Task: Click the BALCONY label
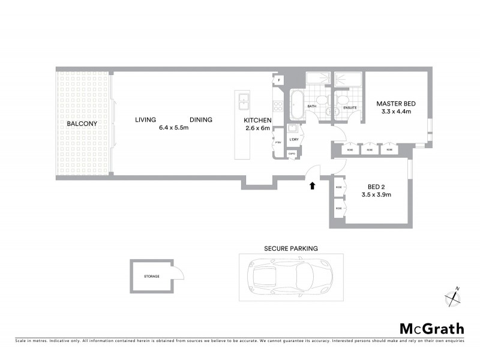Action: (82, 124)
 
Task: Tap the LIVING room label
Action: (145, 119)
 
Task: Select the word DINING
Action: (201, 119)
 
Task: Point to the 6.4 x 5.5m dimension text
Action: (174, 128)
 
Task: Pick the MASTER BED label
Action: (396, 104)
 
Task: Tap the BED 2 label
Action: (376, 186)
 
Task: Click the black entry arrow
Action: (312, 186)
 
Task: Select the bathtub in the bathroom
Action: (297, 106)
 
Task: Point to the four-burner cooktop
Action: (278, 106)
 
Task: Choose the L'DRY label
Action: (294, 140)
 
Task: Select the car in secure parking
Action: (291, 277)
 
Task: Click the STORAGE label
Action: (151, 277)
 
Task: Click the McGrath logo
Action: (431, 328)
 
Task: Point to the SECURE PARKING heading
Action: (291, 248)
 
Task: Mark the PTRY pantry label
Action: (278, 142)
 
